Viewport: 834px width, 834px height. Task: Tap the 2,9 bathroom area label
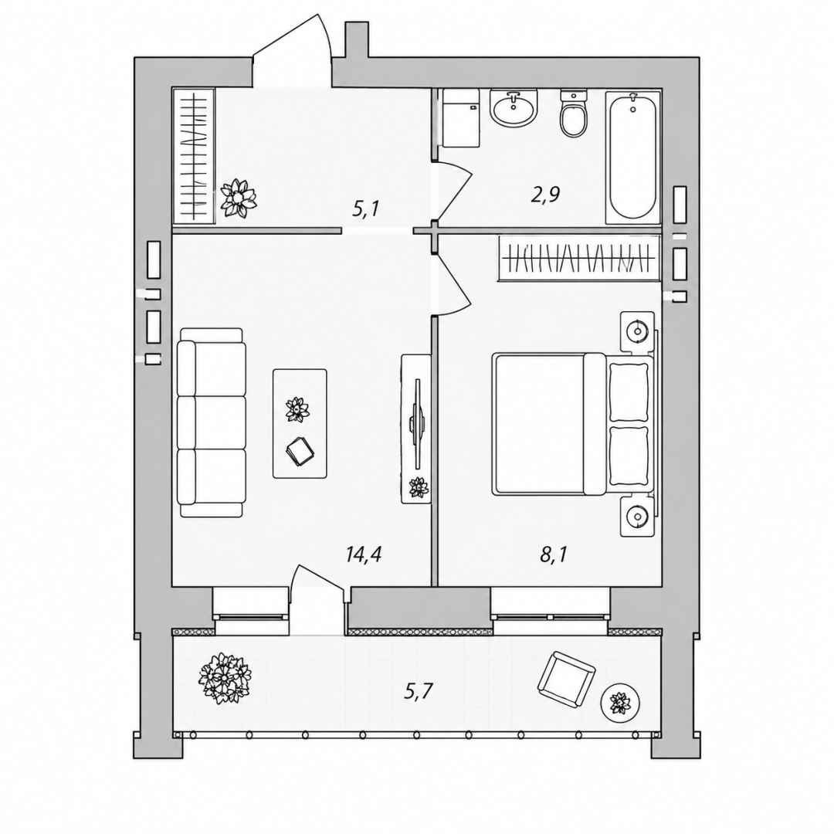(x=544, y=195)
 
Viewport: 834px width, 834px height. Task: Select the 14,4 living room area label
(x=364, y=554)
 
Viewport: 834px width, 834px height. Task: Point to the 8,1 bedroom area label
(x=554, y=554)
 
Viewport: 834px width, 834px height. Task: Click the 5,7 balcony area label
(x=419, y=691)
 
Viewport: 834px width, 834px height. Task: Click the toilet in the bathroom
(x=573, y=114)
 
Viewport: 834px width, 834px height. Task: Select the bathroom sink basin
(x=514, y=108)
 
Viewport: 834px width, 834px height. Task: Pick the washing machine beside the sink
(x=461, y=118)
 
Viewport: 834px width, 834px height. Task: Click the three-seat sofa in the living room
(x=212, y=422)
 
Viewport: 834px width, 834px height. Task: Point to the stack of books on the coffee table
(x=300, y=452)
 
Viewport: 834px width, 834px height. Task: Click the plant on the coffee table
(x=297, y=409)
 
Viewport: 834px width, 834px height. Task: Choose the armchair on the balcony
(x=567, y=680)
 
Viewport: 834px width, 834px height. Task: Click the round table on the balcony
(x=619, y=703)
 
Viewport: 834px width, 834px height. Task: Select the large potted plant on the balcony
(x=225, y=679)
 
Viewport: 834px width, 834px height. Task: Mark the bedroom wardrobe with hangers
(x=579, y=258)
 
